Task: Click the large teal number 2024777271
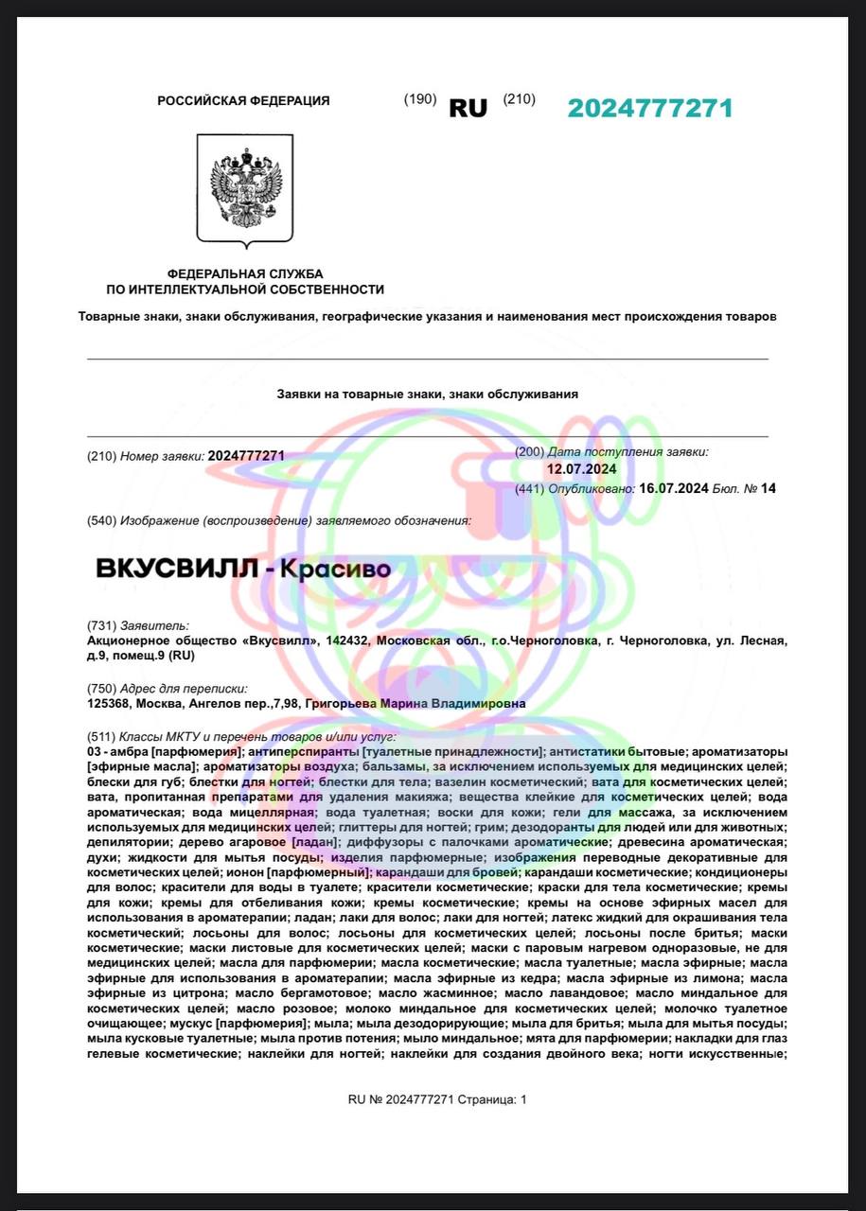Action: point(649,108)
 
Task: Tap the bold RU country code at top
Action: point(468,108)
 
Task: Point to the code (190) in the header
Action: point(419,99)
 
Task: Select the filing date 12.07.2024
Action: point(581,469)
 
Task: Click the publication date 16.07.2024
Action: point(674,488)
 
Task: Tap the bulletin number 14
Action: point(768,488)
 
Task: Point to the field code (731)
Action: point(101,625)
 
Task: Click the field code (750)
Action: point(101,689)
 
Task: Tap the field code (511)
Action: point(101,736)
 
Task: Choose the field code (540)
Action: point(101,520)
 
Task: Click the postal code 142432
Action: point(346,641)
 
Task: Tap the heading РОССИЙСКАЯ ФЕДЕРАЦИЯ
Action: point(243,100)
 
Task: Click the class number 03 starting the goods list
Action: point(93,750)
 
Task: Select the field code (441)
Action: point(530,488)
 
